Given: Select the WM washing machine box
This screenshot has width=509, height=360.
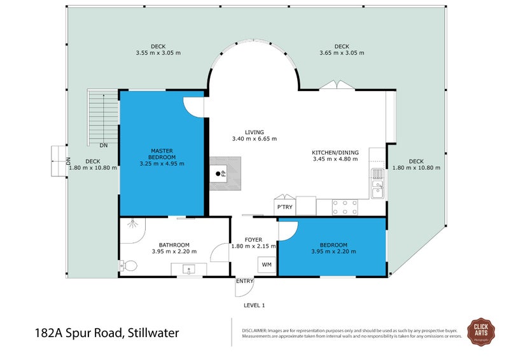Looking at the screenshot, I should tap(267, 265).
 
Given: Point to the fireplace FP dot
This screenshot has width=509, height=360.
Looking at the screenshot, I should tap(218, 173).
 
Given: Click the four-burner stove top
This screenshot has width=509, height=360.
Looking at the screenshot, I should tap(344, 207).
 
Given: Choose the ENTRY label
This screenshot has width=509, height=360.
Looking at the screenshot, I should tap(244, 281).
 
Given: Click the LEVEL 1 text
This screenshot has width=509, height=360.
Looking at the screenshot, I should tap(254, 305).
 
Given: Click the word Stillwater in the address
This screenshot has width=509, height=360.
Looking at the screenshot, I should tap(153, 332).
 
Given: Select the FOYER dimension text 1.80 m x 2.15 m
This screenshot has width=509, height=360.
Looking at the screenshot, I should tap(253, 246).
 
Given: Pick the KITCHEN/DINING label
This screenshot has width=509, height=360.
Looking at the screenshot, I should tap(335, 153).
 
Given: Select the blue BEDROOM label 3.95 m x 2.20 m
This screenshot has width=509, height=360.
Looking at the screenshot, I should tap(333, 246).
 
